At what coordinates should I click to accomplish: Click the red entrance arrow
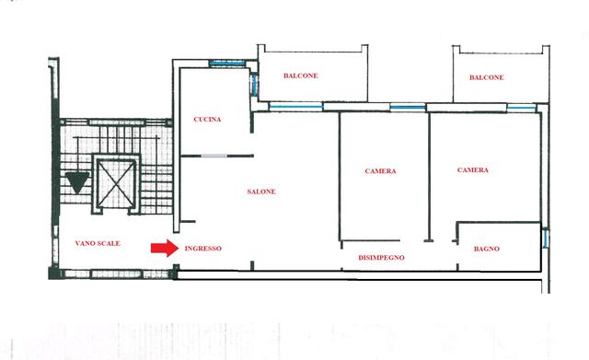coord(165,249)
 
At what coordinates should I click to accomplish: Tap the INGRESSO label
coord(202,249)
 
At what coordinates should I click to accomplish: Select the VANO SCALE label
coord(98,243)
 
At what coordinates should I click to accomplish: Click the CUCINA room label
coord(207,120)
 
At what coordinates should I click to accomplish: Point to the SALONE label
coord(261,192)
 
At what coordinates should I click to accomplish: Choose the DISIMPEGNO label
coord(381,258)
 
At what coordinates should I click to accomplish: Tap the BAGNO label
coord(487,249)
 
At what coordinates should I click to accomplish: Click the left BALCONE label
coord(301,75)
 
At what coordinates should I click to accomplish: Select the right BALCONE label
coord(487,77)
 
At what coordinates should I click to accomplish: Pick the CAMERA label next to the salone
coord(380,171)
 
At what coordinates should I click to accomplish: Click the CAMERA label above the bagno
coord(473,170)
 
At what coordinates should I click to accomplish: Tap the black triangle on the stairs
coord(77,182)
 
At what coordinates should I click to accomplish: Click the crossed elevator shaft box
coord(116,184)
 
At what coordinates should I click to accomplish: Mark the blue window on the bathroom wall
coord(546,238)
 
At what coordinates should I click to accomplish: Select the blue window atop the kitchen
coord(226,64)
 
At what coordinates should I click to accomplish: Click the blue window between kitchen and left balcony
coord(254,84)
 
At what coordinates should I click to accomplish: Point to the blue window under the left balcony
coord(296,107)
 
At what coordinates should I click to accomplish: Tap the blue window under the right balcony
coord(522,109)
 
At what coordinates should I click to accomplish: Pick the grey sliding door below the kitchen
coord(214,156)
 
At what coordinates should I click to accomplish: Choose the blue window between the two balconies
coord(408,108)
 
